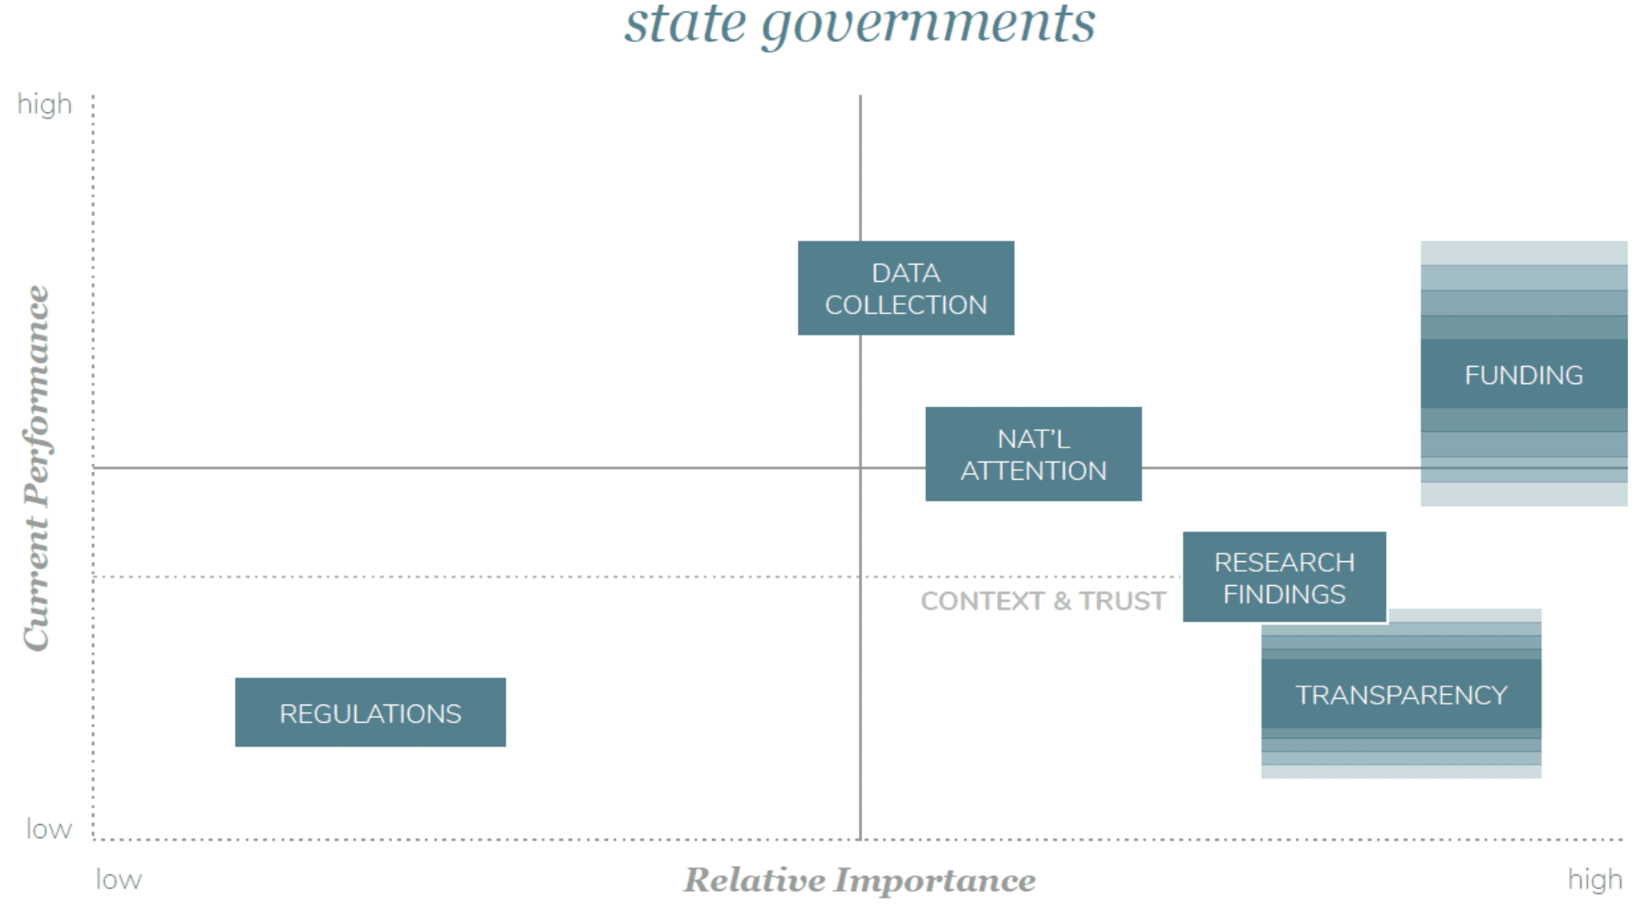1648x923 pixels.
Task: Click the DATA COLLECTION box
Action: (906, 288)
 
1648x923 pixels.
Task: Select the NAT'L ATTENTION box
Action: (1033, 454)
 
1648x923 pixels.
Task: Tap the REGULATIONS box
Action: (370, 713)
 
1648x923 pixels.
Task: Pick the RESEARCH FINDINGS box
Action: (1284, 577)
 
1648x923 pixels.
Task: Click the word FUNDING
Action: (1524, 375)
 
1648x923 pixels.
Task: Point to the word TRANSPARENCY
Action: (1401, 695)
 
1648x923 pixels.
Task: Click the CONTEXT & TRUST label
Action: (1043, 601)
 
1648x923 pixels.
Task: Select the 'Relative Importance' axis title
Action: (859, 880)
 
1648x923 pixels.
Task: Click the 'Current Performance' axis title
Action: (36, 467)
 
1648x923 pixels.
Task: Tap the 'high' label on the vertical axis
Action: (44, 105)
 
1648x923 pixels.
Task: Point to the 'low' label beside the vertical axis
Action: (49, 828)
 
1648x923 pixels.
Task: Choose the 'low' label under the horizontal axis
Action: (119, 880)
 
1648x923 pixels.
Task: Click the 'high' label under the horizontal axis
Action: (1594, 880)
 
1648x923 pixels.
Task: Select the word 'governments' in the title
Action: (929, 25)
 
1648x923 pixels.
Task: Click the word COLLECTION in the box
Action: (906, 305)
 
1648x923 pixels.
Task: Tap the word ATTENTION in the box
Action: (1033, 471)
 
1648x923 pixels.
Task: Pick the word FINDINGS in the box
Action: (1284, 594)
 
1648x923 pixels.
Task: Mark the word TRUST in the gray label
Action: (1122, 601)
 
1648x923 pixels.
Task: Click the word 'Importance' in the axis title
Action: (935, 880)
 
